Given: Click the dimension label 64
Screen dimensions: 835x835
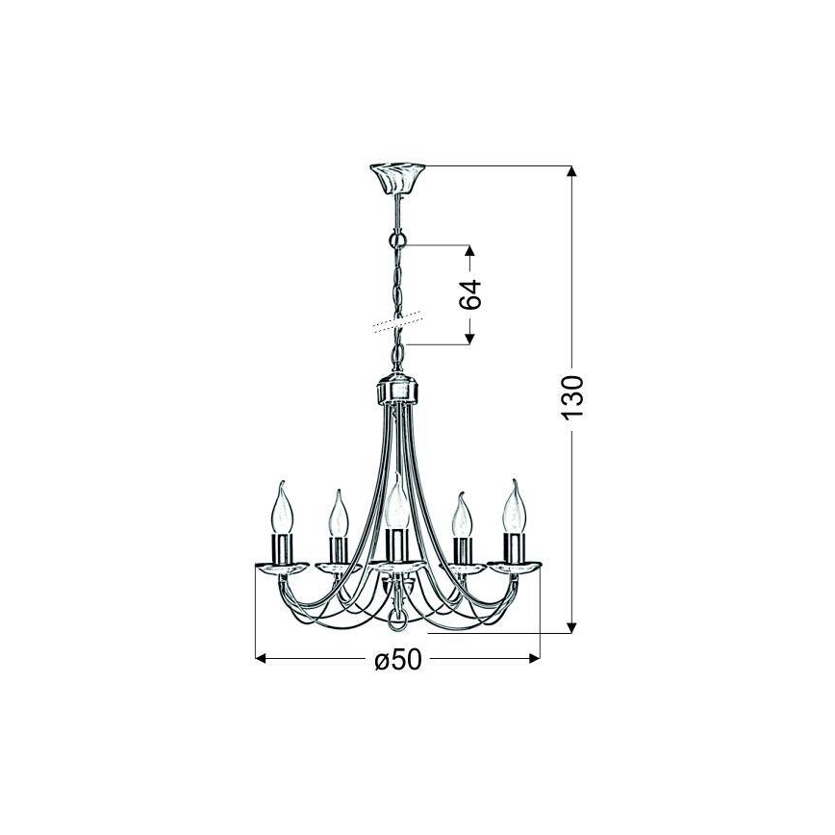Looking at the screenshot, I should (470, 294).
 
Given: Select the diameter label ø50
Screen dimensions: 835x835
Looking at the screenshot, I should (397, 660).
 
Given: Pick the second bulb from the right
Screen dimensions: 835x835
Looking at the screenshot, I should (462, 517).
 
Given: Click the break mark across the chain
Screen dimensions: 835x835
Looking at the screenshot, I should (396, 321).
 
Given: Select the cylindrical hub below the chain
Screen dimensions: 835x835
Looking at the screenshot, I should (396, 392).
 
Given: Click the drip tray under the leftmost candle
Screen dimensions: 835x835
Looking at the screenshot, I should (282, 567).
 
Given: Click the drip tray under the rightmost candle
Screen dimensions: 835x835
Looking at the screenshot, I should (514, 567).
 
